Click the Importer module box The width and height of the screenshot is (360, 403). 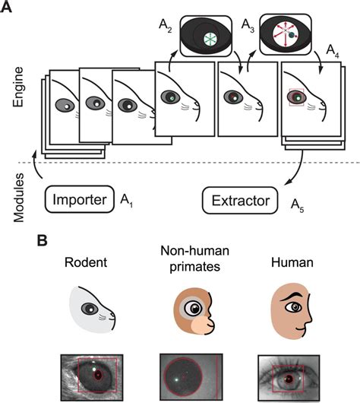click(x=79, y=201)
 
